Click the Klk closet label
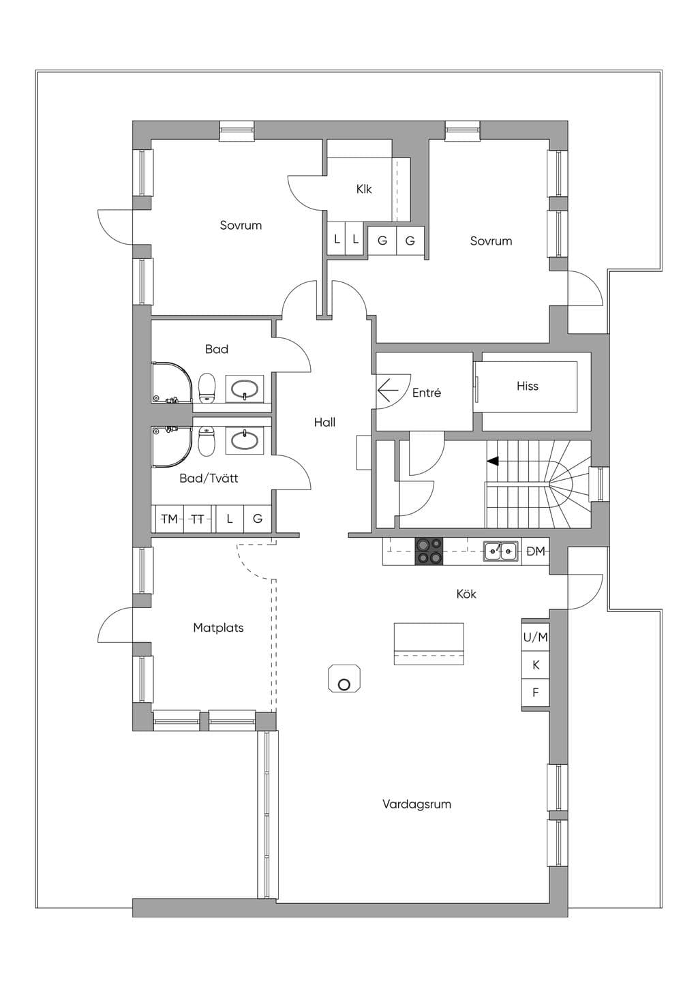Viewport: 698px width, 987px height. (x=364, y=189)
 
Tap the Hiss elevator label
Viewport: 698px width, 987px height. (x=528, y=386)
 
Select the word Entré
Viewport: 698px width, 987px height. (x=427, y=393)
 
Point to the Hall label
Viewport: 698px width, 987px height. (x=324, y=422)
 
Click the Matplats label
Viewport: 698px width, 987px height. (x=218, y=628)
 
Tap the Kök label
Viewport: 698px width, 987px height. (x=466, y=594)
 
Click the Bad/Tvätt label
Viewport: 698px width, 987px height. (x=209, y=478)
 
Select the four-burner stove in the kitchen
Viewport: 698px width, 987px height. (x=429, y=551)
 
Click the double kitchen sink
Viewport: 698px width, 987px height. (x=500, y=551)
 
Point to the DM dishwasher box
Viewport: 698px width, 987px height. (x=535, y=551)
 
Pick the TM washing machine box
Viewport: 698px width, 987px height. (x=169, y=519)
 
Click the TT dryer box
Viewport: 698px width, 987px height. (x=198, y=519)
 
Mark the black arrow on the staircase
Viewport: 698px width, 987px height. (x=493, y=461)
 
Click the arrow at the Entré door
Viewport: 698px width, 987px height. (x=388, y=390)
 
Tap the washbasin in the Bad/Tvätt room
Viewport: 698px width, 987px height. (x=245, y=439)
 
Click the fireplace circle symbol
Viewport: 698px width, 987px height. (x=344, y=685)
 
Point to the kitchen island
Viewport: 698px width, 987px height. (x=429, y=643)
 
